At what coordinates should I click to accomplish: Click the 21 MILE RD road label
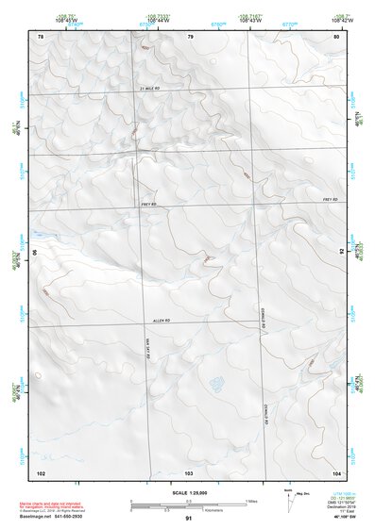pos(152,88)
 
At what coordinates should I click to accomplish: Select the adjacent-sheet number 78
pos(40,36)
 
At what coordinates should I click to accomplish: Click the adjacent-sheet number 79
pos(190,36)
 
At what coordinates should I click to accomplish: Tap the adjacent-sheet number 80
pos(336,36)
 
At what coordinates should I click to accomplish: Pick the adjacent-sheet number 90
pos(37,253)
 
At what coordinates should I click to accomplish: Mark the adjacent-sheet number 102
pos(41,471)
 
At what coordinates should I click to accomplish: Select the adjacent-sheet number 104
pos(336,471)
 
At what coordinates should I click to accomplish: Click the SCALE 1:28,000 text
pos(188,492)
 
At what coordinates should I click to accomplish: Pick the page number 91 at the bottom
pos(189,519)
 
